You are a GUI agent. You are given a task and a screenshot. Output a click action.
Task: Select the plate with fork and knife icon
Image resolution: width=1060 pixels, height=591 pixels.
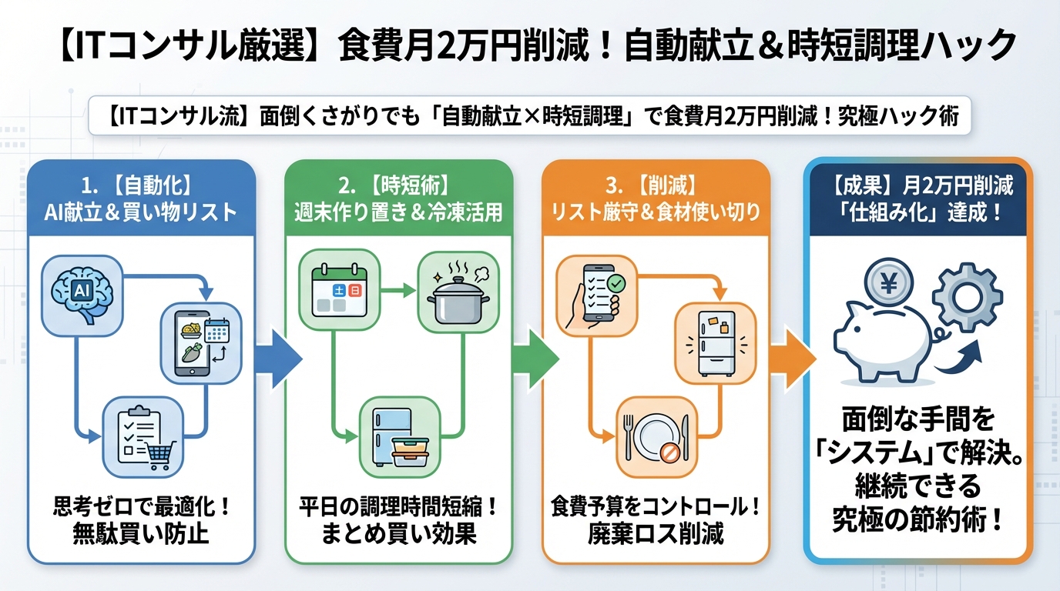tap(655, 437)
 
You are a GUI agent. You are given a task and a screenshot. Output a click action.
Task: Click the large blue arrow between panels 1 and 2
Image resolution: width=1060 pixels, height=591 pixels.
tap(277, 359)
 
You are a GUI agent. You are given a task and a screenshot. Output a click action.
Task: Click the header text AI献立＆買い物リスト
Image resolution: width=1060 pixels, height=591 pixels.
tap(140, 212)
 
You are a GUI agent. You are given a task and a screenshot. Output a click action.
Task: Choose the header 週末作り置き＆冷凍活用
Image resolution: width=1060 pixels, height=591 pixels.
tap(398, 212)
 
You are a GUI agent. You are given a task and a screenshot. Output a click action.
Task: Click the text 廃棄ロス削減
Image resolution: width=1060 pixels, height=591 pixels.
tap(657, 533)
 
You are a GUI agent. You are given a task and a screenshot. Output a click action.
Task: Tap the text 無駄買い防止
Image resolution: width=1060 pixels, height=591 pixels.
tap(140, 533)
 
